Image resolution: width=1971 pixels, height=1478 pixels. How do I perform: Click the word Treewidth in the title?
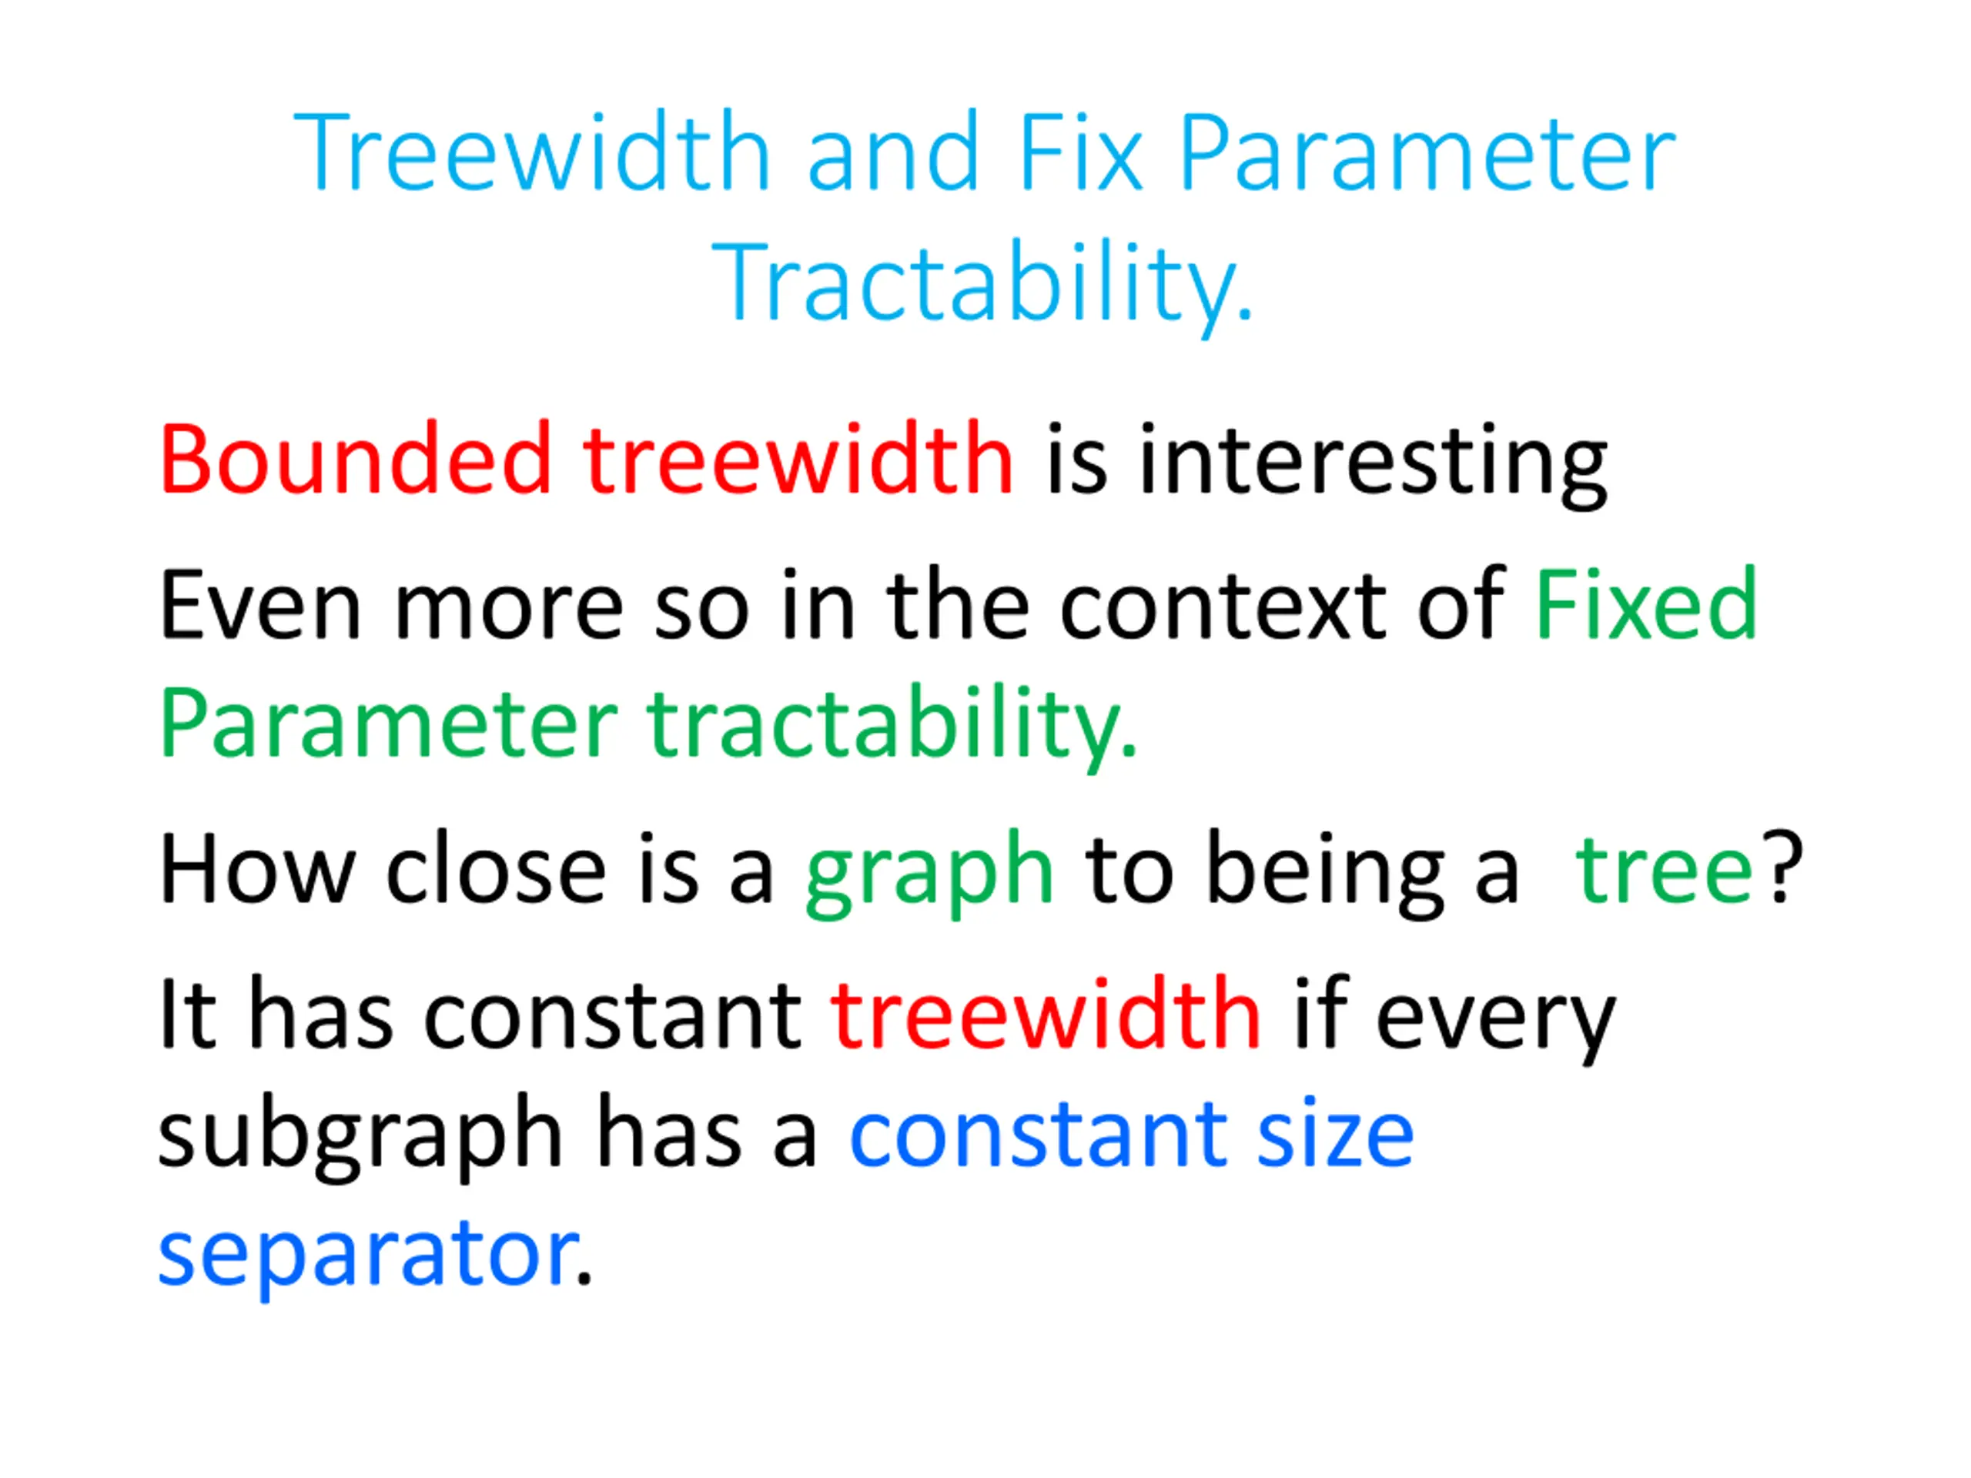[x=532, y=152]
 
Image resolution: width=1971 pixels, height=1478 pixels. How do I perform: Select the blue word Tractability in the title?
[x=983, y=283]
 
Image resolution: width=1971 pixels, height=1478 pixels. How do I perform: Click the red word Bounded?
[x=356, y=458]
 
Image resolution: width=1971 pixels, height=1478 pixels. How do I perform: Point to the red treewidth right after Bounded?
[x=798, y=458]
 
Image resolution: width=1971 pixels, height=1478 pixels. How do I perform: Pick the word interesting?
[x=1373, y=463]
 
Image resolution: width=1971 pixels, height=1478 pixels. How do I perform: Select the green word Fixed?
[x=1645, y=604]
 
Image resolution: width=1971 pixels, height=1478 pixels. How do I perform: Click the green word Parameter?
[x=389, y=724]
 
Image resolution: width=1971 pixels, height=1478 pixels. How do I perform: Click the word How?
[x=257, y=868]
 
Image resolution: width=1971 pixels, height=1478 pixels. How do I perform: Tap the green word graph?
[x=929, y=874]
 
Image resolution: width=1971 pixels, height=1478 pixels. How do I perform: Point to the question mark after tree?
[x=1785, y=867]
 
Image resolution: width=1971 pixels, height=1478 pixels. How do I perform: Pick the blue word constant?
[x=1036, y=1137]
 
